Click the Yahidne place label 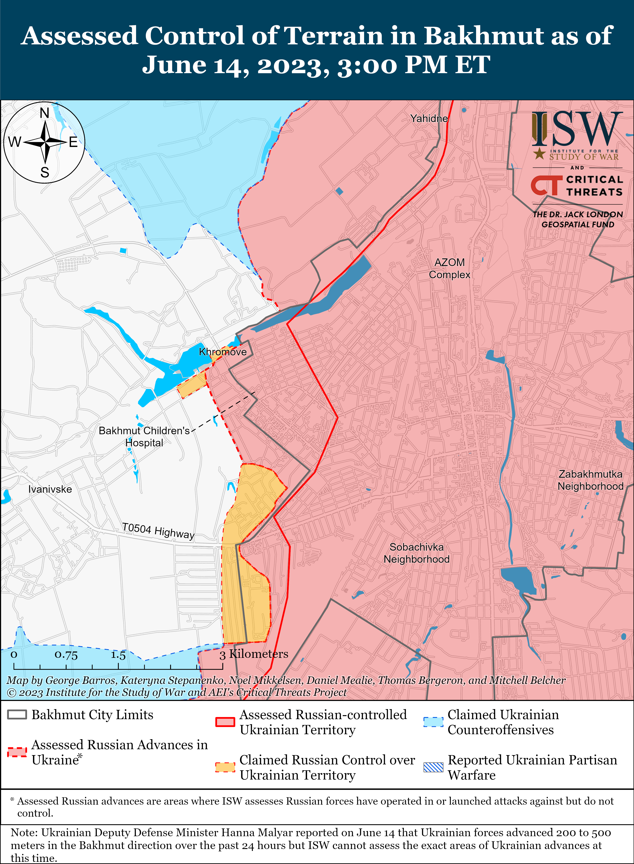[x=429, y=118]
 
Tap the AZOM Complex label [x=450, y=268]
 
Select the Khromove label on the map [x=223, y=352]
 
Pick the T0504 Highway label [x=158, y=531]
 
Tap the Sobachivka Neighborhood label [x=416, y=553]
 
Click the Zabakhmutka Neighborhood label [x=590, y=480]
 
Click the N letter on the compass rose [x=45, y=113]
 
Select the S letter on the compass [x=45, y=172]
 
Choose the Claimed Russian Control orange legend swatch [x=225, y=767]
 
